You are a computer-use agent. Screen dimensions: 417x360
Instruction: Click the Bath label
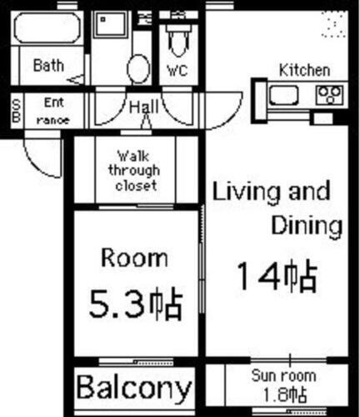[47, 65]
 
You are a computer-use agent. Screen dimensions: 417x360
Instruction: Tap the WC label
[177, 70]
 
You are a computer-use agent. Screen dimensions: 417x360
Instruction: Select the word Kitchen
[303, 70]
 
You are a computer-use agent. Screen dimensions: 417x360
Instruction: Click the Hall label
[143, 107]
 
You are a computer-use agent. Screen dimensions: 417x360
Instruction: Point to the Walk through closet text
[137, 171]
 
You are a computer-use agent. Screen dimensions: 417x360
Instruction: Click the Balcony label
[134, 388]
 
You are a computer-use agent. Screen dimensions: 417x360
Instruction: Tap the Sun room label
[284, 376]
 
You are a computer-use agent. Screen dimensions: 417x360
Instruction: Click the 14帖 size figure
[276, 274]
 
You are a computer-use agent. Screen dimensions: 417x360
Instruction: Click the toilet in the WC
[177, 38]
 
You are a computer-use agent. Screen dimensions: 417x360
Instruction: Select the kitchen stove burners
[330, 94]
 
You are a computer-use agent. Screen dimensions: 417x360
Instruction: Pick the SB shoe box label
[16, 110]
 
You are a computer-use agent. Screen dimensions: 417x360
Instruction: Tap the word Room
[133, 258]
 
